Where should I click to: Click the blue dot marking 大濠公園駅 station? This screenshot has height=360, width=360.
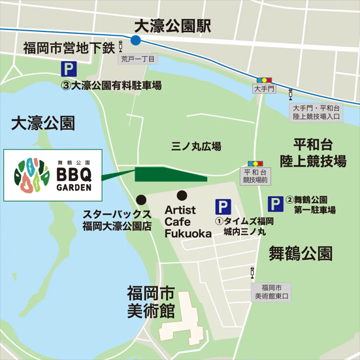click(x=135, y=40)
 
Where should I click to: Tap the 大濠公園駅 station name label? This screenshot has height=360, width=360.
click(x=172, y=26)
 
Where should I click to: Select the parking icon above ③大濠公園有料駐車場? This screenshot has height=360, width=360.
click(x=68, y=69)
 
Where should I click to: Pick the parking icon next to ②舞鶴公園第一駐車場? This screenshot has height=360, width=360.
click(x=277, y=204)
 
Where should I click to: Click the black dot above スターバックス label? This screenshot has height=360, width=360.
click(x=140, y=199)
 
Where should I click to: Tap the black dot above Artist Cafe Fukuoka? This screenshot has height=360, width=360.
click(x=182, y=195)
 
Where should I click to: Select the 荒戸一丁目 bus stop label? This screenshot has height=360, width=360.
click(x=138, y=59)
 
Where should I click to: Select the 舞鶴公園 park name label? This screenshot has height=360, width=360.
click(x=301, y=252)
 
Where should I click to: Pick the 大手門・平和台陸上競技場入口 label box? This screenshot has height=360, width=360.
click(x=316, y=112)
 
